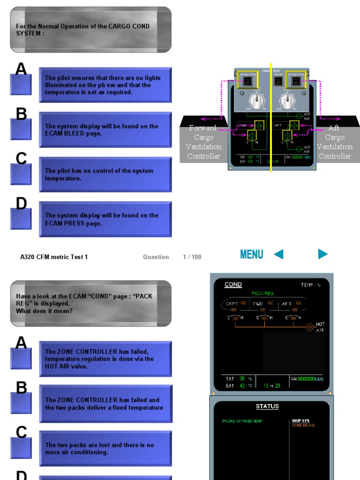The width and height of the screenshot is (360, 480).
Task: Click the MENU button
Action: tap(251, 255)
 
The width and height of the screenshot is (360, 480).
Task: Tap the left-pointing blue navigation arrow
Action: tap(278, 254)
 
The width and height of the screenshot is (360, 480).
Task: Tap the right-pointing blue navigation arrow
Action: tap(322, 254)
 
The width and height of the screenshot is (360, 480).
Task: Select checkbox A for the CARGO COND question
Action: tap(21, 84)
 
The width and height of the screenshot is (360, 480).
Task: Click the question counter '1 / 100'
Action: tap(192, 257)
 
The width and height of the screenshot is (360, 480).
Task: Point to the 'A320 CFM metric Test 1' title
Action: tap(54, 257)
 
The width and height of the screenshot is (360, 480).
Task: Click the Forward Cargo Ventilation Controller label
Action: tap(203, 142)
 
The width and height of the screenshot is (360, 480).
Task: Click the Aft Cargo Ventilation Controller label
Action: tap(334, 142)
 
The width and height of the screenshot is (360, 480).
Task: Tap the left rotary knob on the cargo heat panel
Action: tap(255, 101)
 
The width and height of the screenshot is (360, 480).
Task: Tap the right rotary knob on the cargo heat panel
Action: tap(287, 101)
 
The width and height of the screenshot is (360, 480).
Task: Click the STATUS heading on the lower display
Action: tap(267, 406)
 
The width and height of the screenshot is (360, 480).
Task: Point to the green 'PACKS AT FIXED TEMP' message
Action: tap(242, 421)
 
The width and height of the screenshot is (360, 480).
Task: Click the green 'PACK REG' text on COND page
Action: tap(262, 293)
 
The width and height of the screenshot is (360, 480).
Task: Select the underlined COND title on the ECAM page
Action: tap(233, 285)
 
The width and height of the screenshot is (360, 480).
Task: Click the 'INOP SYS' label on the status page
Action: tap(301, 421)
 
